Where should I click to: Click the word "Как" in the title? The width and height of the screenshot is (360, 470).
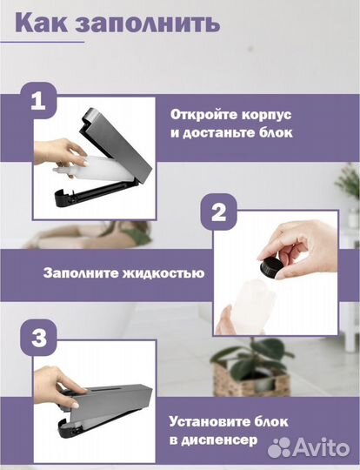[45, 23]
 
